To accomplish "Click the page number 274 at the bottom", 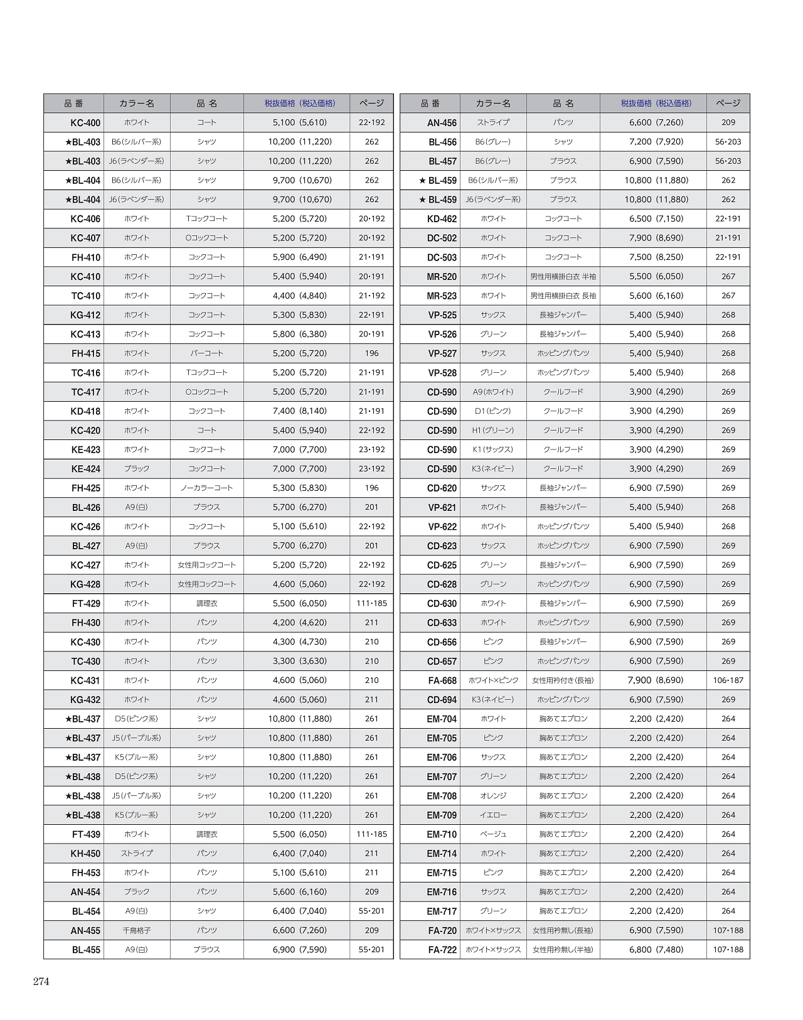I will [41, 982].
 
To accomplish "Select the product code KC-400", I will [85, 123].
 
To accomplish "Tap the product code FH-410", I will [86, 257].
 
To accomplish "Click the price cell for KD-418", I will [299, 411].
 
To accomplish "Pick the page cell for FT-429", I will [371, 603].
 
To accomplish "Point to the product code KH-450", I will [85, 854].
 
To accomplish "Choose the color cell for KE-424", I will [137, 469].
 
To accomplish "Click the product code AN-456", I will [442, 123].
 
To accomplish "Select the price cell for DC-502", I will [656, 238].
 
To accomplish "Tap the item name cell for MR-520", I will [563, 277].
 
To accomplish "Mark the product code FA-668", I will [442, 680].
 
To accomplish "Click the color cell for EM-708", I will [493, 796].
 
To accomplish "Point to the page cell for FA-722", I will [728, 950].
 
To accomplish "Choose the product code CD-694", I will [442, 700].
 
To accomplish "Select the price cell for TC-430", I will [299, 661].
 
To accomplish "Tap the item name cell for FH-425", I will [206, 488].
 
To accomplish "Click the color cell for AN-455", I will [137, 930].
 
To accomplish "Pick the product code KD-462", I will [442, 219].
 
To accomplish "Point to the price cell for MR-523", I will [656, 296].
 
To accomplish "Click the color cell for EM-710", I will [493, 834].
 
